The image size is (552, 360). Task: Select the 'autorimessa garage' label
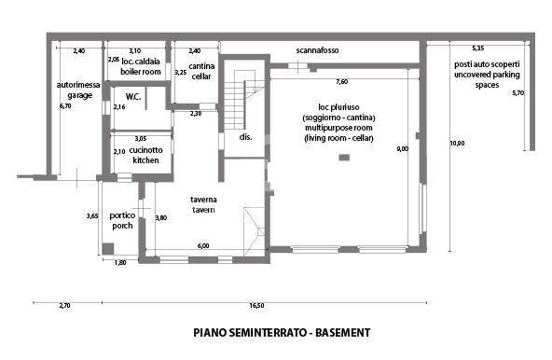[75, 90]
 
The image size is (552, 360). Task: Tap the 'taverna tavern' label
[204, 205]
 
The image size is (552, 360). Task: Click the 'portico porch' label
[122, 220]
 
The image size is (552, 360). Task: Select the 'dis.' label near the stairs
[246, 137]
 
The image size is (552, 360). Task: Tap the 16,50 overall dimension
[256, 305]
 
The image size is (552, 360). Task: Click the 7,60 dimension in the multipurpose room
[342, 82]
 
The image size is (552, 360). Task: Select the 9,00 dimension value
[402, 148]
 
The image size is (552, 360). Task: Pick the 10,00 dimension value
[455, 143]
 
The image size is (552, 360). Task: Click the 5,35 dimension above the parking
[478, 48]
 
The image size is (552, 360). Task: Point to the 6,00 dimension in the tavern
[203, 245]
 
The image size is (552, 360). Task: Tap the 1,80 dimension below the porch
[120, 263]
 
